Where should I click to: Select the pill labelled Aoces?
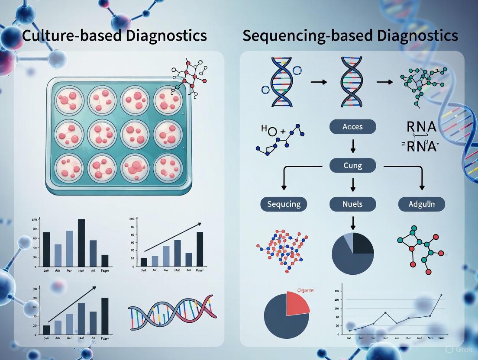click(x=352, y=127)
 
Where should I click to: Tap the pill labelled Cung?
click(x=352, y=165)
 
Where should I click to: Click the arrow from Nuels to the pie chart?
click(x=352, y=222)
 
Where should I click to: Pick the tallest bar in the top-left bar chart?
click(x=81, y=243)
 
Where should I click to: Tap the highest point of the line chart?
click(x=441, y=295)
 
